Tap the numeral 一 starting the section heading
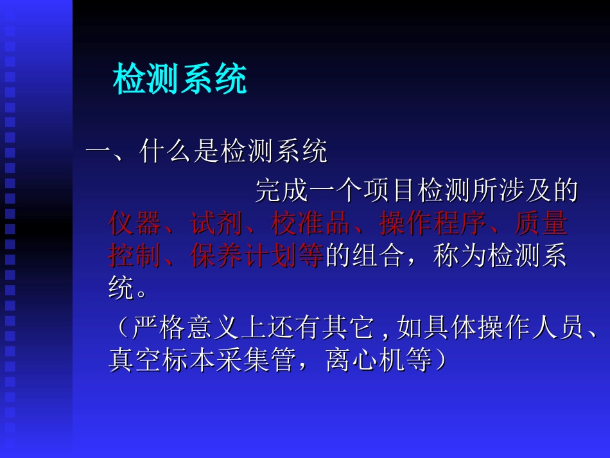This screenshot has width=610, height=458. [x=99, y=153]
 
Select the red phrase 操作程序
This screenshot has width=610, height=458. [x=433, y=224]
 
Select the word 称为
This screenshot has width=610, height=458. [x=460, y=256]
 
